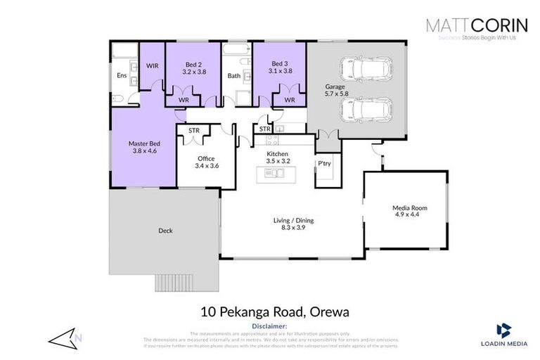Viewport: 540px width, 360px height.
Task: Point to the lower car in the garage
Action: click(366, 110)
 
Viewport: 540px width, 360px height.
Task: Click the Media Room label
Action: click(409, 208)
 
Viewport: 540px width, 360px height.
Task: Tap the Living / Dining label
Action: click(293, 221)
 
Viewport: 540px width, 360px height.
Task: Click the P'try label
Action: click(323, 164)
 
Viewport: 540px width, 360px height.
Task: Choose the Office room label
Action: click(205, 159)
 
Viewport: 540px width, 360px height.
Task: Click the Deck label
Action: click(165, 230)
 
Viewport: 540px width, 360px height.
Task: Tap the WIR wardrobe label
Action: click(152, 65)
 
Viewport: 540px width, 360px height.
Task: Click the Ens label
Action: click(120, 75)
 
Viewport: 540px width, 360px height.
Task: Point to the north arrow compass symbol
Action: click(65, 339)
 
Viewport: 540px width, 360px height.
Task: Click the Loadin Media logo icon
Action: click(502, 329)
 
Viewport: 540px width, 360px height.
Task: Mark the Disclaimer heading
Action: click(269, 327)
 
